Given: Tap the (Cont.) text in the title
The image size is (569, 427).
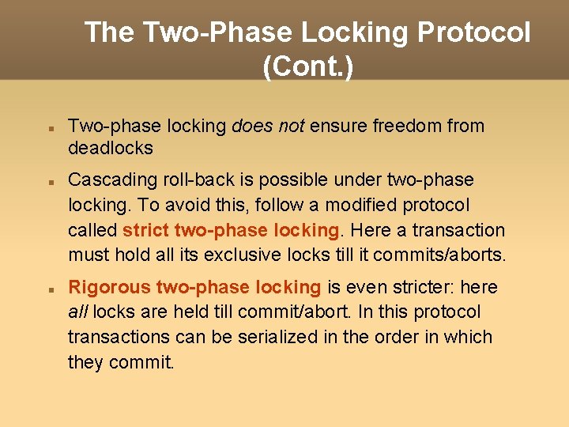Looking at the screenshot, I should pyautogui.click(x=308, y=66).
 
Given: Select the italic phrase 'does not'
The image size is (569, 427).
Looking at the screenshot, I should pyautogui.click(x=268, y=126).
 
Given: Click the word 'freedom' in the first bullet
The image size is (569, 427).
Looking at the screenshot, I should pyautogui.click(x=407, y=126).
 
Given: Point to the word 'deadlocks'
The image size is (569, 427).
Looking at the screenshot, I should pyautogui.click(x=110, y=148).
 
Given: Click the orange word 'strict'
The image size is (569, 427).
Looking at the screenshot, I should pyautogui.click(x=145, y=230).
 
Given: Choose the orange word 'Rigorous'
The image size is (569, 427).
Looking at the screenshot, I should pyautogui.click(x=109, y=286).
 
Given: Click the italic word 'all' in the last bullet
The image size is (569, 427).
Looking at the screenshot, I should pyautogui.click(x=77, y=312).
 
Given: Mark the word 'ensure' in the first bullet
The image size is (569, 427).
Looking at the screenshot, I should pyautogui.click(x=336, y=126).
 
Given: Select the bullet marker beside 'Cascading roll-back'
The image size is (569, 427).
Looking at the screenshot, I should pyautogui.click(x=49, y=181).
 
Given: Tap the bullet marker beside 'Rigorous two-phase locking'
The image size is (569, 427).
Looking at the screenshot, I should pyautogui.click(x=49, y=289).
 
